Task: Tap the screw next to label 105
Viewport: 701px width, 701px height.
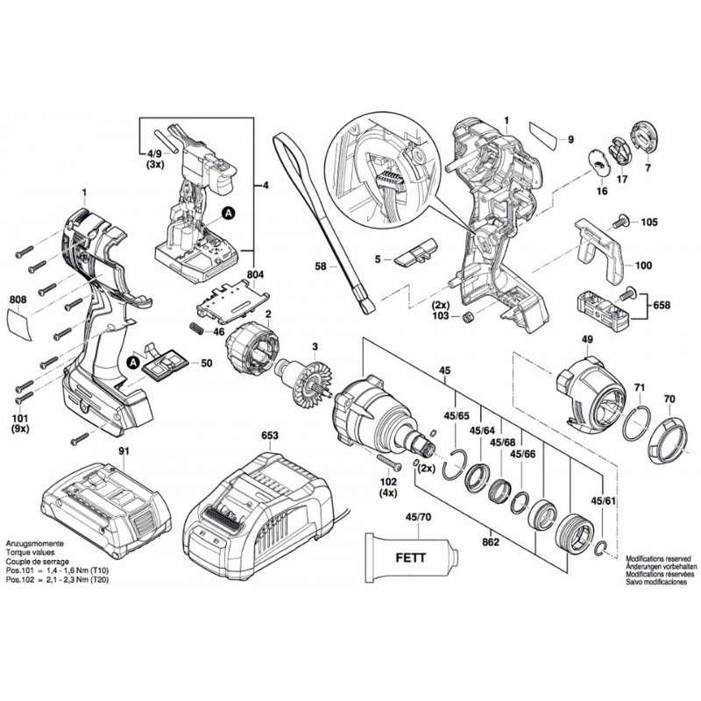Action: (624, 223)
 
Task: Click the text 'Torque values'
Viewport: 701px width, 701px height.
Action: (33, 553)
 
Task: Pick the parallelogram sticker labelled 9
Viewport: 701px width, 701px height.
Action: (545, 137)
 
